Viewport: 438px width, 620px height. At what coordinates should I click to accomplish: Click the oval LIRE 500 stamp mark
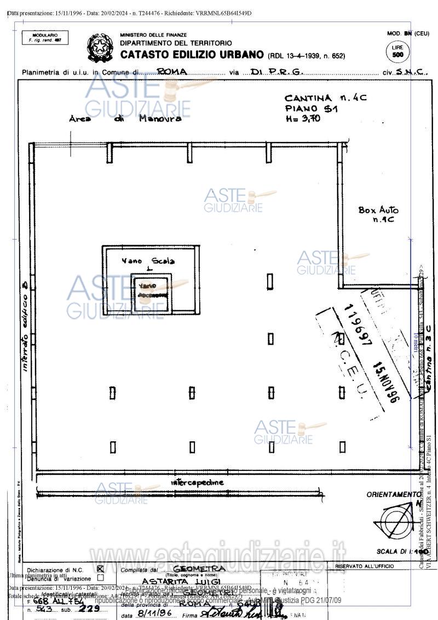pyautogui.click(x=397, y=52)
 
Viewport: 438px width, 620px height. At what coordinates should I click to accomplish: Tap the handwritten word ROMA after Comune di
pyautogui.click(x=172, y=72)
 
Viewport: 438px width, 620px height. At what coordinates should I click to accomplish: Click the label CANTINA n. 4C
pyautogui.click(x=325, y=98)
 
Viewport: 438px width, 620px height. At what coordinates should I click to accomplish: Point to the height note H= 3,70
pyautogui.click(x=303, y=118)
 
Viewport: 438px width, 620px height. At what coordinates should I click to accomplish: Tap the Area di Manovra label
pyautogui.click(x=125, y=118)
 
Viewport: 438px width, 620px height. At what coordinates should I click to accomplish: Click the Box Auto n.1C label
pyautogui.click(x=379, y=214)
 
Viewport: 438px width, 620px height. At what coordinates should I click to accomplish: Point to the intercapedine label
pyautogui.click(x=197, y=482)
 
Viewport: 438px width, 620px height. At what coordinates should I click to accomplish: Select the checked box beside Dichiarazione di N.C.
pyautogui.click(x=100, y=569)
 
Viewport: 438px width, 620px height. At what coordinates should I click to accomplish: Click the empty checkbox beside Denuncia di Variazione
pyautogui.click(x=100, y=578)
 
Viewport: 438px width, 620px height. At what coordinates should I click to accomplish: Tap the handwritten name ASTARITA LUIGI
pyautogui.click(x=181, y=581)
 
